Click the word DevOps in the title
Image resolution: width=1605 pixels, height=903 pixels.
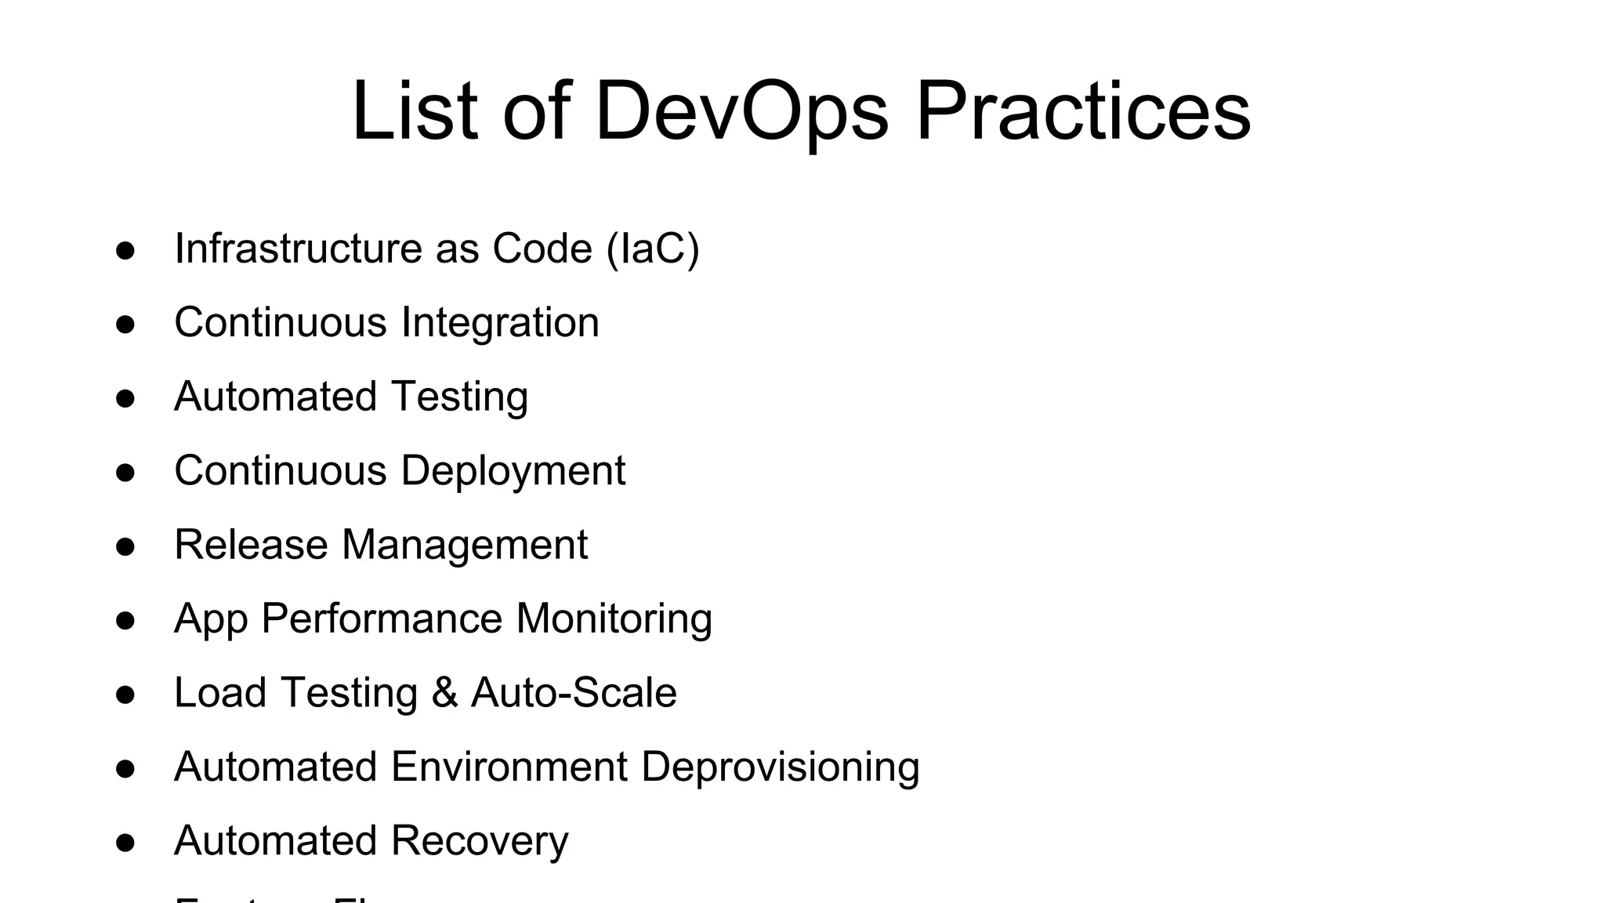741,111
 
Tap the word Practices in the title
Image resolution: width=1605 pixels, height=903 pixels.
1083,111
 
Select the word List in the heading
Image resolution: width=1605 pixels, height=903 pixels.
415,111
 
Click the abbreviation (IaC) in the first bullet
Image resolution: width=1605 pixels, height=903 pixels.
653,249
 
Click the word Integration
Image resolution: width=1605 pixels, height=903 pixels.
500,323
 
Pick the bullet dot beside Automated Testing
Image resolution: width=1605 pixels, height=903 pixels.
125,398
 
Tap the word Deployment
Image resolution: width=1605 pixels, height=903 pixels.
513,471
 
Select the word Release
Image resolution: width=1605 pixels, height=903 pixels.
251,545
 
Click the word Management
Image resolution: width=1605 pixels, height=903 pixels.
465,546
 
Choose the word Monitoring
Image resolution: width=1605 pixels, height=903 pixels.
614,619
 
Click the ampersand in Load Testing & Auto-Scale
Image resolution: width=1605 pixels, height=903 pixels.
444,694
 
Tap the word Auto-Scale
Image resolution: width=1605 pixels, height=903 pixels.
574,693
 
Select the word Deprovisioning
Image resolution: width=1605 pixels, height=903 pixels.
781,767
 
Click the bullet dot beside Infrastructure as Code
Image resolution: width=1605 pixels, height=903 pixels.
125,250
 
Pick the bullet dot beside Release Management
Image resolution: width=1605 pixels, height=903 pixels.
125,546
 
